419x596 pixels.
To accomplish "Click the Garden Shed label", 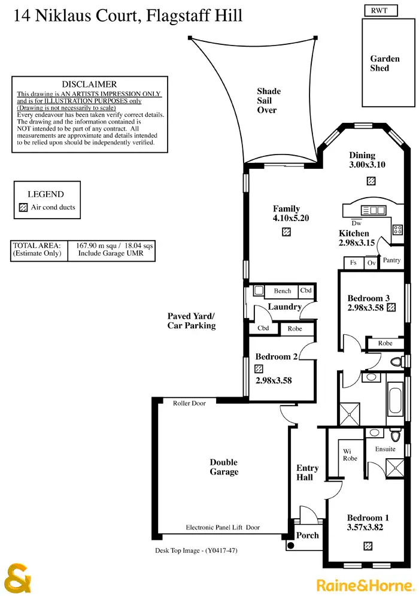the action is click(x=384, y=63).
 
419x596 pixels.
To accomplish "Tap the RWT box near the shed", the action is click(x=379, y=10).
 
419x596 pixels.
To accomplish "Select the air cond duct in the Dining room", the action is click(x=371, y=181).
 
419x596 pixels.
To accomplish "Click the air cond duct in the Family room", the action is click(x=287, y=231).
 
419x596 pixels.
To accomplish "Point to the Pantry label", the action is click(x=391, y=261).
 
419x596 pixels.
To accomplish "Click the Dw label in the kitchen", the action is click(x=356, y=222).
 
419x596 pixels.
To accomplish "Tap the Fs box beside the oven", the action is click(x=353, y=262).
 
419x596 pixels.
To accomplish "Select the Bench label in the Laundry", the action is click(x=283, y=291).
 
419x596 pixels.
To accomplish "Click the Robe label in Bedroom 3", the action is click(x=385, y=343).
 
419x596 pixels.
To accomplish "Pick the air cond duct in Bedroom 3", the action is click(x=391, y=308).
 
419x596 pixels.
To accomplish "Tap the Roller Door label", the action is click(x=189, y=403).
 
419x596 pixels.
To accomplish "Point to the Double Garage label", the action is click(x=224, y=467).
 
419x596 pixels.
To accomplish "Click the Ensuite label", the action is click(x=385, y=449).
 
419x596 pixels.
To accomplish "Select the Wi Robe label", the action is click(x=350, y=455).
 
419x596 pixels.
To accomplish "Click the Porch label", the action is click(x=308, y=536).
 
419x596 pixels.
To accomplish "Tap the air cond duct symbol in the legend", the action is click(x=23, y=208).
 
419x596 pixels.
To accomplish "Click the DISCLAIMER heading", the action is click(x=89, y=84).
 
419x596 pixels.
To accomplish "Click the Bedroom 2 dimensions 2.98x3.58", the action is click(x=274, y=380).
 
